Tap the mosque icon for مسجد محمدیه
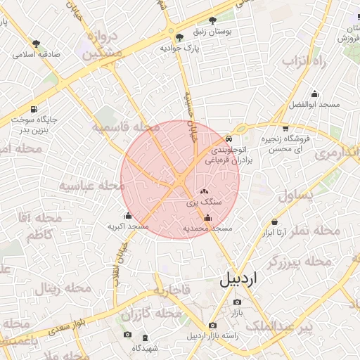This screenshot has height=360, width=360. (x=207, y=219)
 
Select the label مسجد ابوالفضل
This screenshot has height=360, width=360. (x=314, y=105)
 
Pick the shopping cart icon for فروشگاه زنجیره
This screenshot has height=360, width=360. (x=285, y=129)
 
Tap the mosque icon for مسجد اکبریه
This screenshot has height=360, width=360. (x=127, y=216)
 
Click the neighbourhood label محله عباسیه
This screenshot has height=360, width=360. (x=91, y=186)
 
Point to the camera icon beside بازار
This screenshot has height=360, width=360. (x=236, y=303)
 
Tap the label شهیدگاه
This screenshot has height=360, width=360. (x=145, y=347)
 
